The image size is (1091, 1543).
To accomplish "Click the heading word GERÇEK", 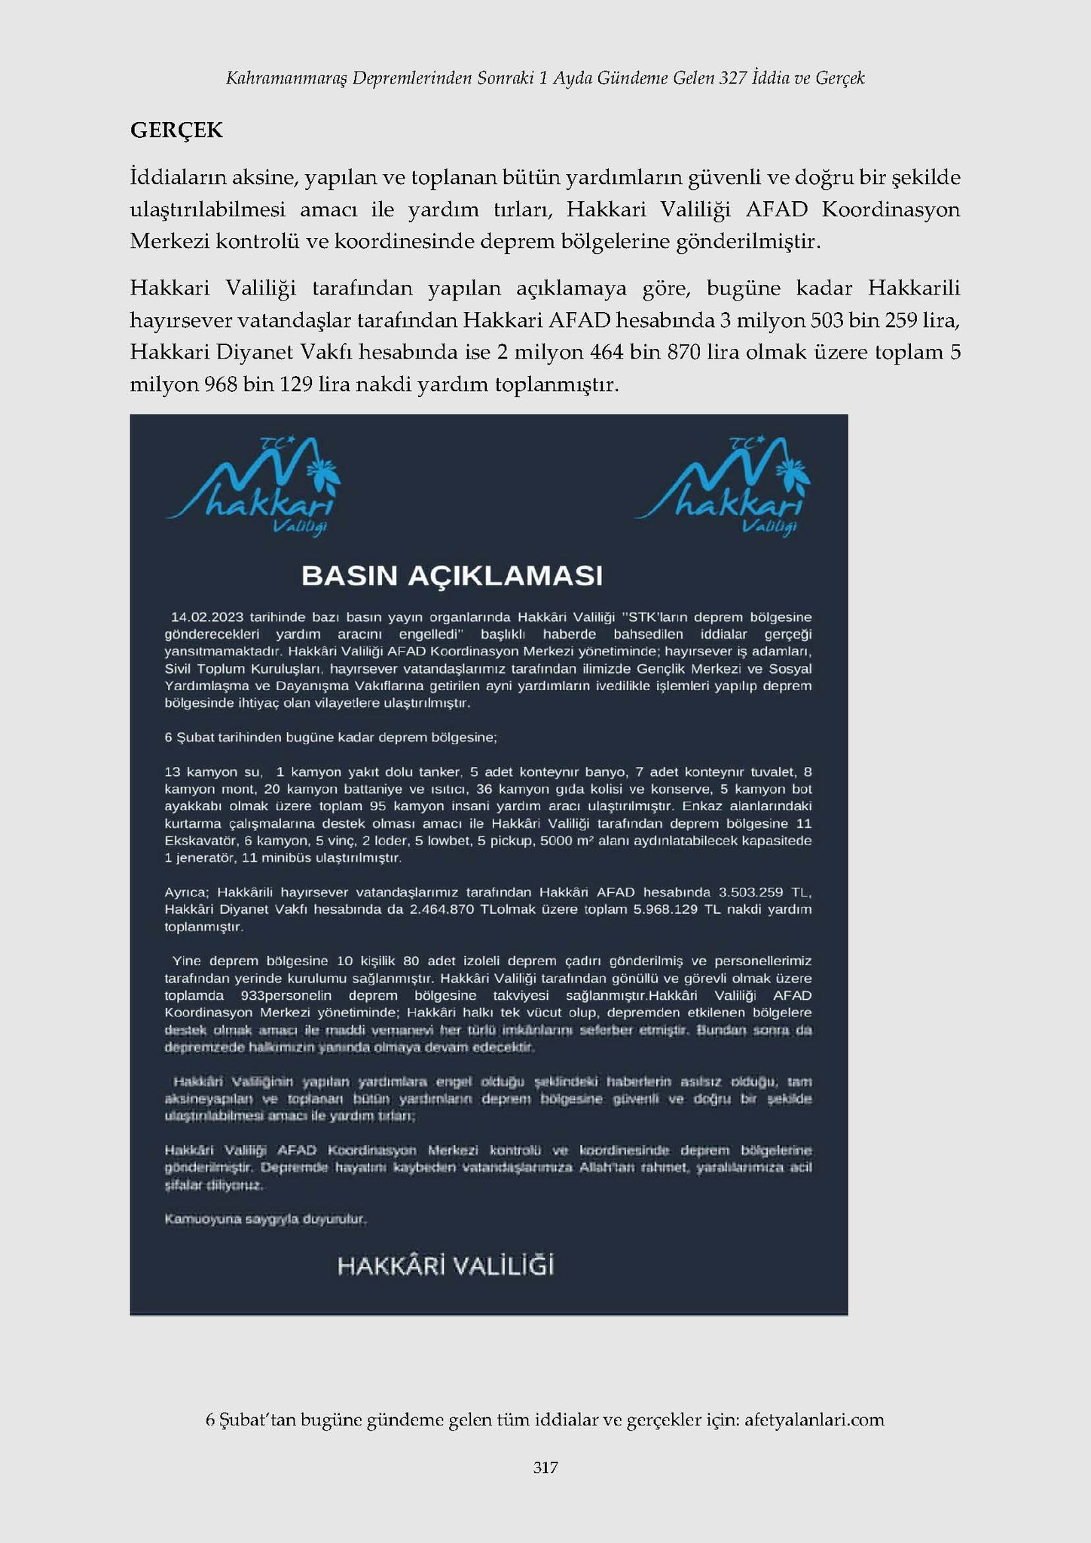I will click(x=176, y=130).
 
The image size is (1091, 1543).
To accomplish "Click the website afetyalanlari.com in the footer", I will click(x=814, y=1419).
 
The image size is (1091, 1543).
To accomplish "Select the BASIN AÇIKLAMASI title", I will click(x=452, y=576).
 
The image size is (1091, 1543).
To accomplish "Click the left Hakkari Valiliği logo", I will click(x=253, y=486).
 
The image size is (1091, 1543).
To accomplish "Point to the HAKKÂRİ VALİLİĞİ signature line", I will click(x=445, y=1266).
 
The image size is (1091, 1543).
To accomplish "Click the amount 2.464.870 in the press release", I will click(x=442, y=909).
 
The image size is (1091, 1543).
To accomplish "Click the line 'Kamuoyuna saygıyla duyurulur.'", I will click(x=265, y=1218).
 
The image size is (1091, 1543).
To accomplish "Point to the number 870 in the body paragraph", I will click(x=683, y=352).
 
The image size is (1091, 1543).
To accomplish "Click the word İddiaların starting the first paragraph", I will click(x=176, y=178).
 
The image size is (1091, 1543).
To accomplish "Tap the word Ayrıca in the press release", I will click(x=187, y=892).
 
